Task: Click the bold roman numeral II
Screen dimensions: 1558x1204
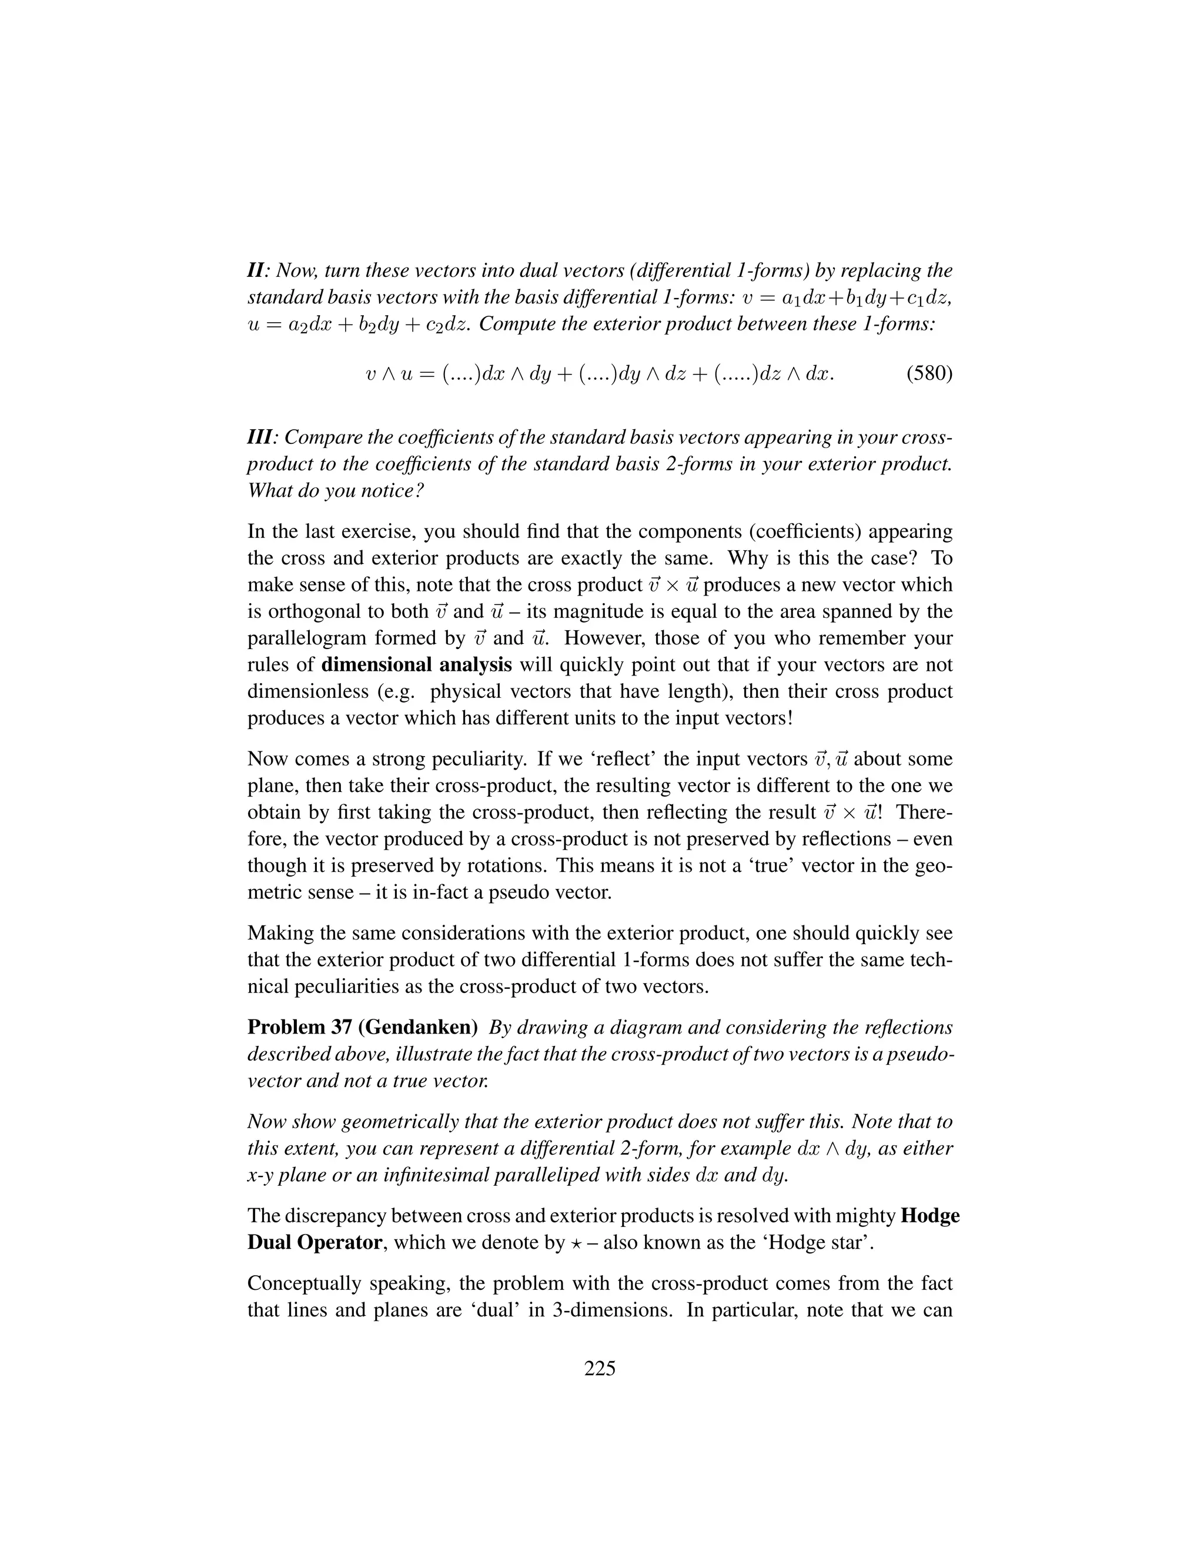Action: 256,271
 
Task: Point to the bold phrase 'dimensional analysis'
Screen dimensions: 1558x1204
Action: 417,665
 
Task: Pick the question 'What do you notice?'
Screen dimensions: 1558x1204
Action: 336,492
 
